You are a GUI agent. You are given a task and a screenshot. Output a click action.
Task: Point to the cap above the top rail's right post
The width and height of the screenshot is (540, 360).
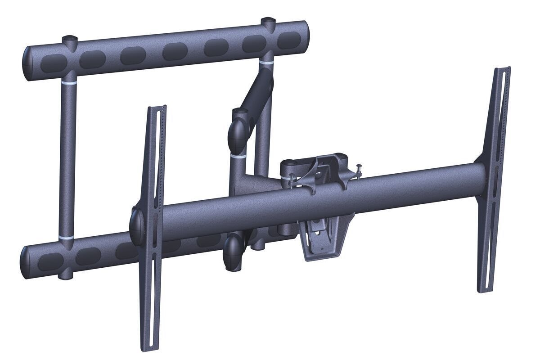pos(269,21)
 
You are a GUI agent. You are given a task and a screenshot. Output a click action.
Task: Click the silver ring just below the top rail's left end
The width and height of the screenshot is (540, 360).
pos(69,84)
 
